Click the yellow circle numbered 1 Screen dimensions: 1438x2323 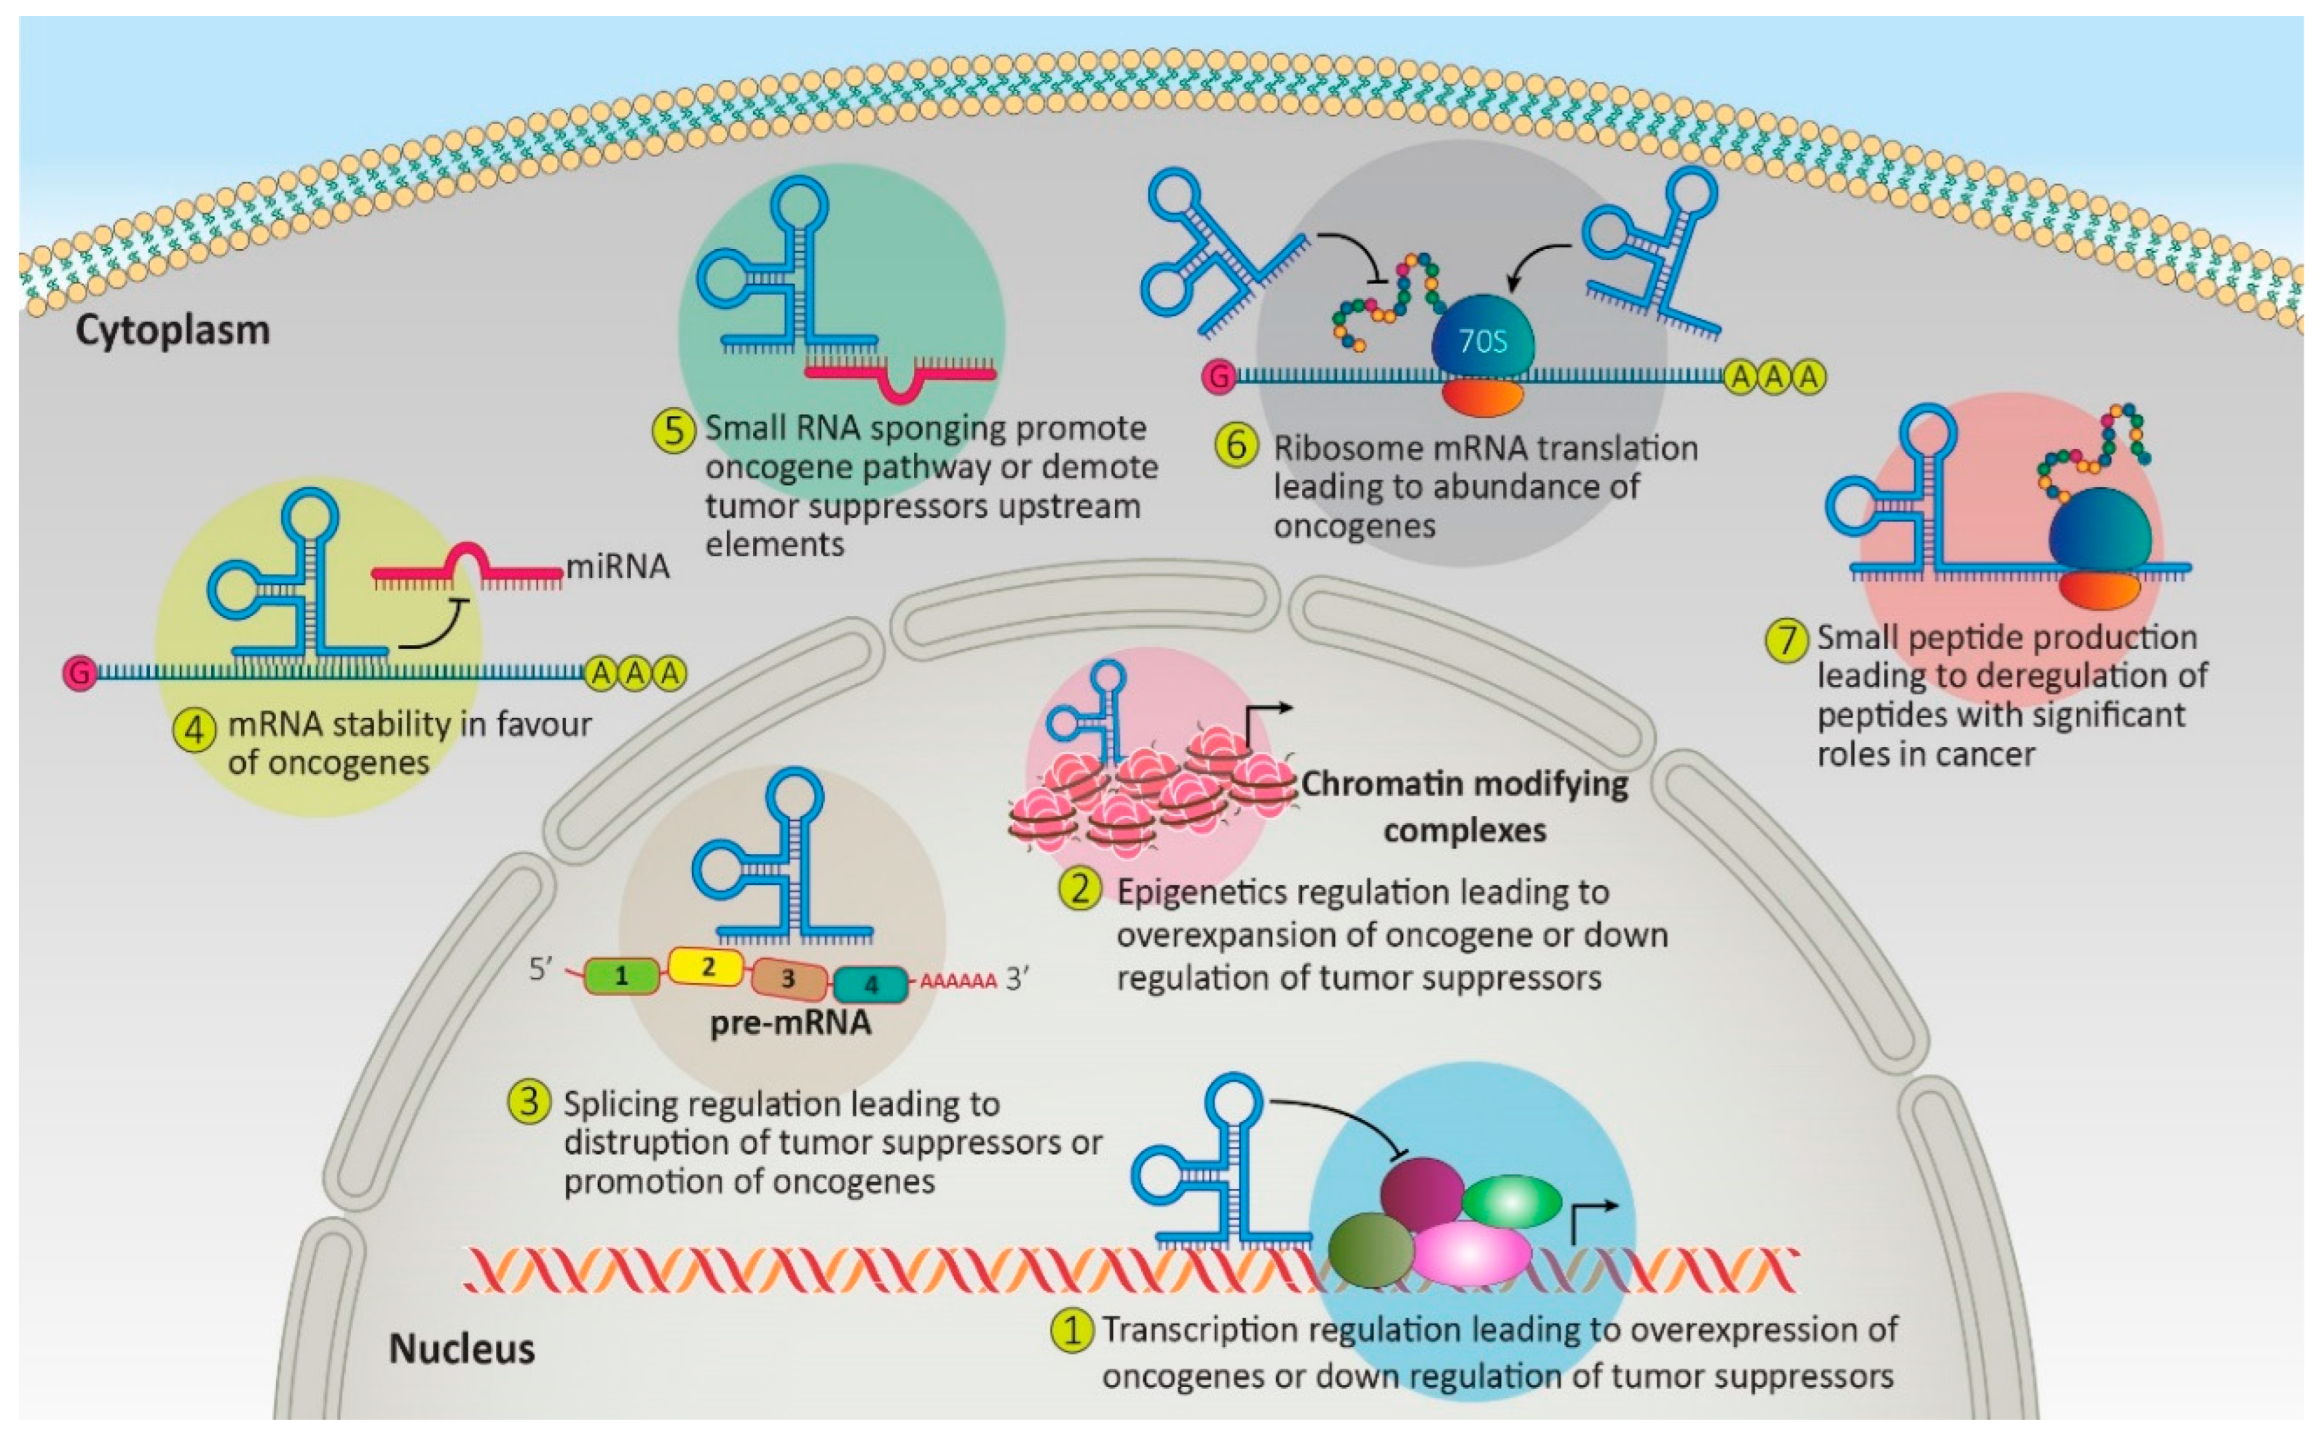tap(1071, 1329)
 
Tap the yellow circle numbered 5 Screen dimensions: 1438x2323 tap(673, 430)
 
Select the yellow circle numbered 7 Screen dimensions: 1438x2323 tap(1786, 639)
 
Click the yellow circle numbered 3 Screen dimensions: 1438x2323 tap(529, 1102)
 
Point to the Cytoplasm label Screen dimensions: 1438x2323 tap(172, 331)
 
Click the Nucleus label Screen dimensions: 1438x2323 tap(462, 1349)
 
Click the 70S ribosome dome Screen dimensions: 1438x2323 tap(1482, 335)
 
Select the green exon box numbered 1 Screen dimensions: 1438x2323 tap(621, 976)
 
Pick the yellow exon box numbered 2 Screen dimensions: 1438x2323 tap(706, 966)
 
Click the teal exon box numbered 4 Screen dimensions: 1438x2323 tap(870, 985)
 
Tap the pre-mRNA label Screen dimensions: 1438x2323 tap(791, 1023)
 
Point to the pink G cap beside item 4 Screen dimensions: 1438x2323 tap(79, 673)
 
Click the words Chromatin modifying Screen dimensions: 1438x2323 tap(1464, 784)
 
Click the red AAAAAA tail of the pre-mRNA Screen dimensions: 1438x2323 tap(958, 981)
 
